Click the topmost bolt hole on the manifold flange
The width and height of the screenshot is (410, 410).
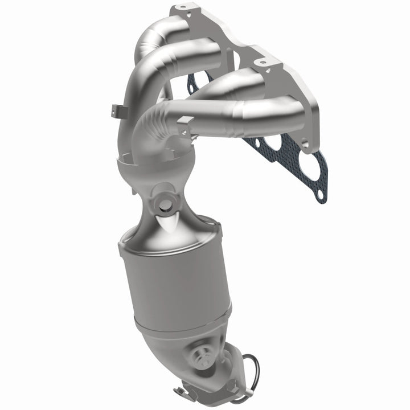pos(182,9)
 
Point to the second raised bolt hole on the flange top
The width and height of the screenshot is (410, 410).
pos(261,60)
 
